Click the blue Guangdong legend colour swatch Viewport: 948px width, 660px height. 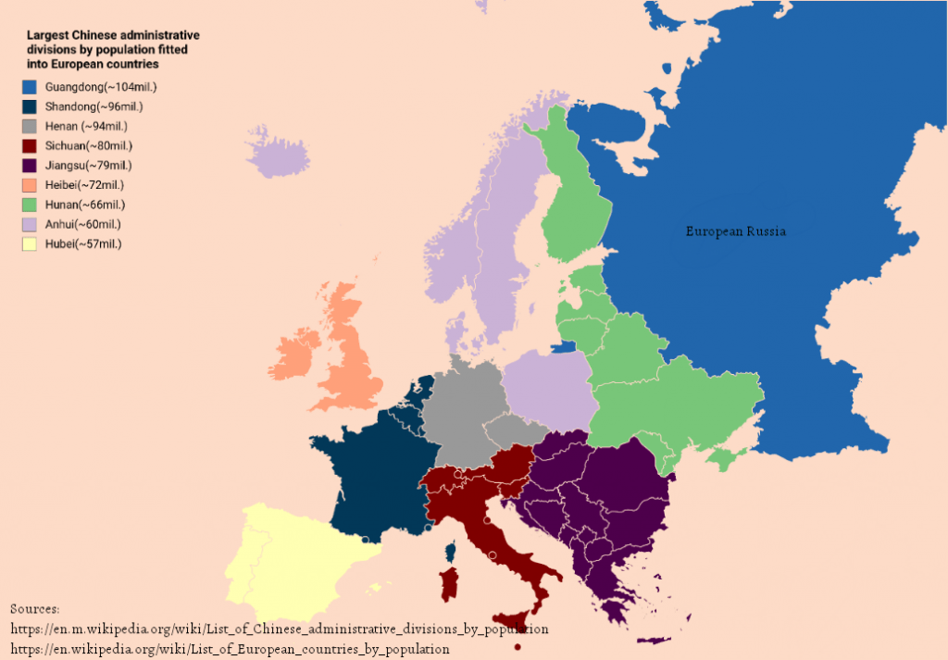(29, 87)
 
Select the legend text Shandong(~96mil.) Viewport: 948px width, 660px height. (94, 106)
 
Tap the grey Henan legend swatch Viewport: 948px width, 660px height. (29, 126)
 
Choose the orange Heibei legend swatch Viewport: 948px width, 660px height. (29, 185)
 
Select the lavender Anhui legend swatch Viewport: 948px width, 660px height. (29, 224)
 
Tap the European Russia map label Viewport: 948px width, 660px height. (735, 231)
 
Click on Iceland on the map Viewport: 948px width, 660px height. (278, 155)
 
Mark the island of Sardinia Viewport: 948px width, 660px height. (448, 583)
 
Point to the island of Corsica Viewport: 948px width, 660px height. (451, 553)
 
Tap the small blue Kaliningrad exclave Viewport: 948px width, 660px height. (563, 349)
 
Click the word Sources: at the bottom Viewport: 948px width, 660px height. (35, 609)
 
